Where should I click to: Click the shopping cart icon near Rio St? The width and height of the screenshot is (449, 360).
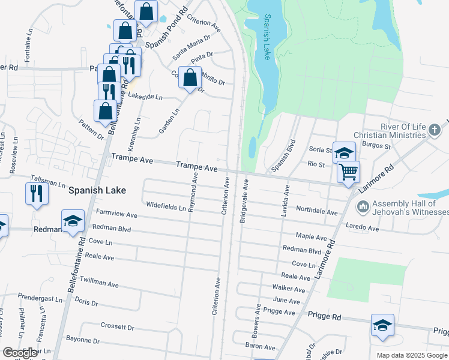point(348,173)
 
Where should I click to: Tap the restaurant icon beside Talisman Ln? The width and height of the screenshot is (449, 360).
point(37,194)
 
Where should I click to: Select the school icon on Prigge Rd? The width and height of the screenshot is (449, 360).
point(382,326)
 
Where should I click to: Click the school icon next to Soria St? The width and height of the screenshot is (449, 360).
point(344,154)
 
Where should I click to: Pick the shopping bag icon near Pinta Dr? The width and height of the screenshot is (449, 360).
point(190,78)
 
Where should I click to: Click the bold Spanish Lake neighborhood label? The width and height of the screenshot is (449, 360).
point(97,190)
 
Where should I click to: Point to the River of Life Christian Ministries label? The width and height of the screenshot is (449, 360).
point(403,132)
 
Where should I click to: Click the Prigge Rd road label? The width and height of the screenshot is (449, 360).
point(324,315)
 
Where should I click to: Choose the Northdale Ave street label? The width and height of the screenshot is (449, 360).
point(317,210)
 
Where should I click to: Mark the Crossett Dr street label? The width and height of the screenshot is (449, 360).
point(117,327)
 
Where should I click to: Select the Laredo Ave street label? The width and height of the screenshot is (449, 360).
point(363,227)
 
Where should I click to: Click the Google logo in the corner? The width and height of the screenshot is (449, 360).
point(20,353)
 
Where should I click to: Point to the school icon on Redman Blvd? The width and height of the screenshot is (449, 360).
point(73,221)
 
